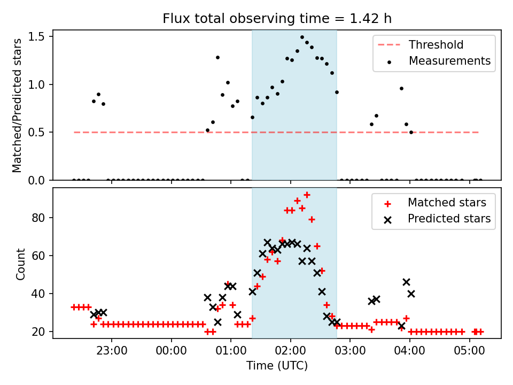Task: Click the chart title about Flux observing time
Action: coord(277,19)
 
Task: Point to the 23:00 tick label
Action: coord(112,353)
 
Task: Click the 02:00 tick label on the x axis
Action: coord(290,353)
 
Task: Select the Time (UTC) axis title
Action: coord(277,366)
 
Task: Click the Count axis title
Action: coord(21,264)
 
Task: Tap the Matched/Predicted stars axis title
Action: coord(18,105)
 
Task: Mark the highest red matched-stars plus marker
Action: coord(307,195)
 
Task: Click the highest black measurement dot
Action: coord(302,37)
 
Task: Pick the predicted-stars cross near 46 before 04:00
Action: coord(406,282)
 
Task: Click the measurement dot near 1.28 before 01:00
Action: coord(217,57)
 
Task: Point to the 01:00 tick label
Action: coord(231,353)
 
